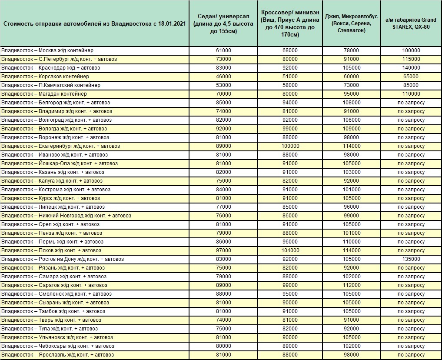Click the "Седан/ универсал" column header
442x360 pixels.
tap(223, 23)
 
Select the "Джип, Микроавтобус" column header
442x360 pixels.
tap(351, 23)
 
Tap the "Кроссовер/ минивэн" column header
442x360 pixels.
tap(290, 23)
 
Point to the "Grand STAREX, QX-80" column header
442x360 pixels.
tap(411, 23)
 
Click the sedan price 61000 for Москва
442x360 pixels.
tap(223, 50)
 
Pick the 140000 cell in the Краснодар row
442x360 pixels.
tap(411, 68)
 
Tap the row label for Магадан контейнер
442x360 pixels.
tap(44, 94)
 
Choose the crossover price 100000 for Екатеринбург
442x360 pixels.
tap(290, 146)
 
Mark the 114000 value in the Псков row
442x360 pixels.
tap(352, 250)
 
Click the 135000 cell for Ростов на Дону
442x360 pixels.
tap(411, 259)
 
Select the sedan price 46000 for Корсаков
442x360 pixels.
tap(223, 77)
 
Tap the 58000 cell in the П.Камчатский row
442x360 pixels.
tap(290, 85)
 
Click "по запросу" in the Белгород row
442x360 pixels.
tap(411, 103)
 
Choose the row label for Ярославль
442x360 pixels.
tap(58, 355)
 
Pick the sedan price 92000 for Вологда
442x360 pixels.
tap(223, 129)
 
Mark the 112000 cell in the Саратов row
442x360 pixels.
tap(352, 285)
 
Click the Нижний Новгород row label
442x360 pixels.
tap(66, 216)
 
